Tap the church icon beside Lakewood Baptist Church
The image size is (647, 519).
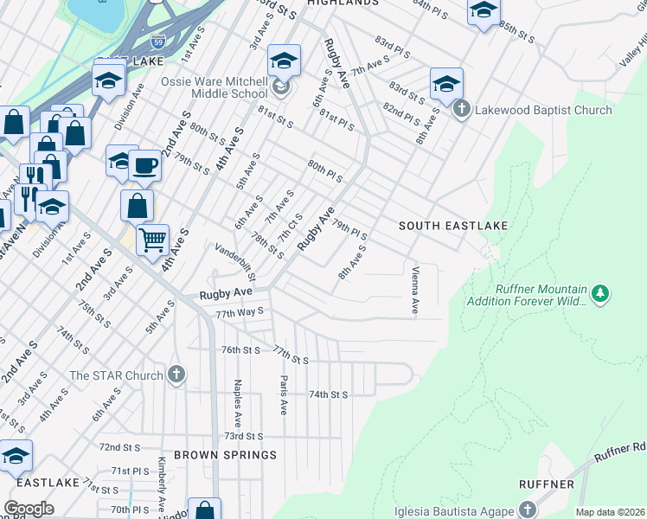tap(461, 110)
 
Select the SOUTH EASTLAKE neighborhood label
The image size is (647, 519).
tap(452, 226)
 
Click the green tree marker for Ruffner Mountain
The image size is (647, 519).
tap(599, 294)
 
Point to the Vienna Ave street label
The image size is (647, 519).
tap(415, 290)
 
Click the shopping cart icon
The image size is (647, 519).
tap(152, 238)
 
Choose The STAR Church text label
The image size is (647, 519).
tap(116, 375)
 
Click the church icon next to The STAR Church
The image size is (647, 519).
tap(176, 375)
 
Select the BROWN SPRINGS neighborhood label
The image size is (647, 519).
tap(225, 454)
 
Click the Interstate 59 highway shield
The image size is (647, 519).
tap(157, 40)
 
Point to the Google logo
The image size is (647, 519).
tap(29, 509)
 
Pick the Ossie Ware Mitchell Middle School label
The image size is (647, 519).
tap(214, 87)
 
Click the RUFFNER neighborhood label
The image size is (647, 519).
tap(547, 484)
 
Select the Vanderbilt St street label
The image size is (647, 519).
tap(236, 262)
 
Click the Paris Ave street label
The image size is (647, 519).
tap(283, 395)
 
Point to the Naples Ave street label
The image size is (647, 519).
tap(236, 399)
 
